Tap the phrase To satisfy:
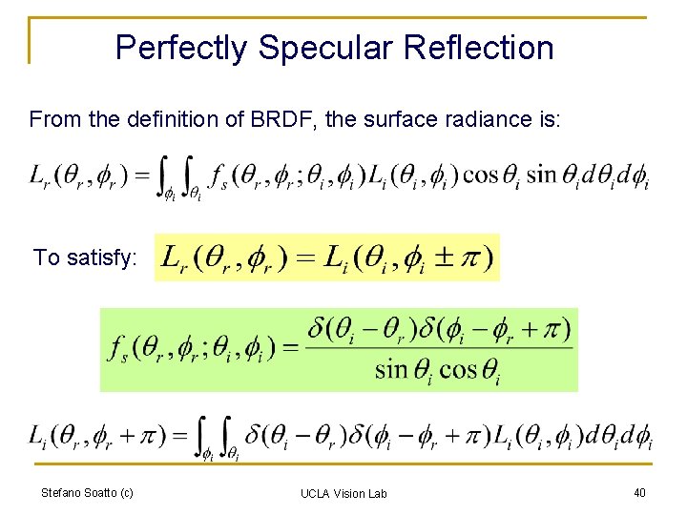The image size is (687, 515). click(x=85, y=257)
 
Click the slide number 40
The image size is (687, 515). click(x=638, y=492)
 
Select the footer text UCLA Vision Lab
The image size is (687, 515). click(x=343, y=493)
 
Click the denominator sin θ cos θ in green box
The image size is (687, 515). click(x=438, y=369)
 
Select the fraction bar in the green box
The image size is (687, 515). click(x=438, y=348)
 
